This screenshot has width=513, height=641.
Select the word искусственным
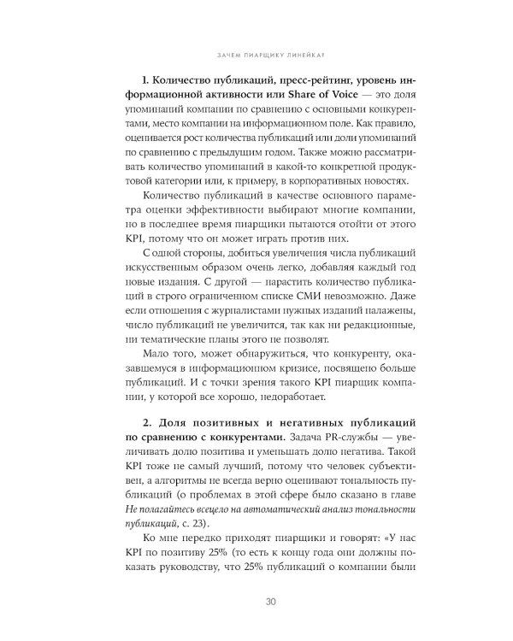coord(141,272)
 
